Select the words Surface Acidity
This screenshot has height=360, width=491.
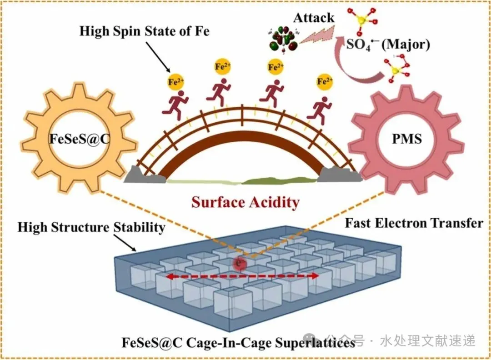(x=245, y=201)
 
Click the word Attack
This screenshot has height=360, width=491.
(x=314, y=18)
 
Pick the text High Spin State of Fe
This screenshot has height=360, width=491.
(x=145, y=31)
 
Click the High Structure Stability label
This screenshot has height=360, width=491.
(x=91, y=227)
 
